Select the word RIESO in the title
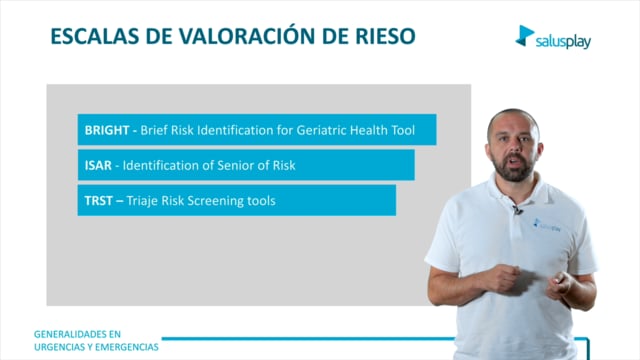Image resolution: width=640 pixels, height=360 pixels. tap(385, 36)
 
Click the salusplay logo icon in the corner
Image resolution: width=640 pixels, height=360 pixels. tap(524, 36)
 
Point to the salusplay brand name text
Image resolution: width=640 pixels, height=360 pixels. tap(563, 41)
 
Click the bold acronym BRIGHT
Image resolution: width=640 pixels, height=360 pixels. tap(107, 130)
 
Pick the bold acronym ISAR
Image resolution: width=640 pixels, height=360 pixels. tap(98, 165)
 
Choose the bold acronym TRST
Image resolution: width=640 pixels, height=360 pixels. tap(98, 201)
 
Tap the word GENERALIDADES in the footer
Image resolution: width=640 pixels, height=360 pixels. tap(77, 334)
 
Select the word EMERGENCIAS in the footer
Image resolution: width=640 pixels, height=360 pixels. tap(127, 347)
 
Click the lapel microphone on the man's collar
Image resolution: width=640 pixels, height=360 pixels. tap(518, 210)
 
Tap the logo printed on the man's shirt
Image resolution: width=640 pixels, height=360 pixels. tap(547, 225)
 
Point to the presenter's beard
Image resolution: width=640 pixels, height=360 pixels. tap(513, 168)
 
